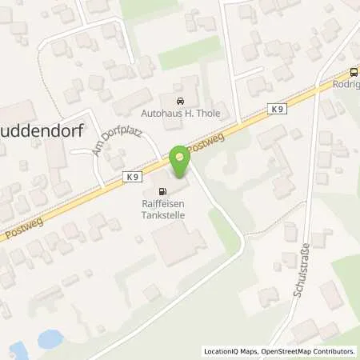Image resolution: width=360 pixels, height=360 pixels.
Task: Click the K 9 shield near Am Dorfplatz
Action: coord(132,174)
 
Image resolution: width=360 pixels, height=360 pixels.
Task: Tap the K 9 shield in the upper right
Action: coord(276,109)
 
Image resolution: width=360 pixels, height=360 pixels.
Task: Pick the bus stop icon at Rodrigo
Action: coord(354,70)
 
